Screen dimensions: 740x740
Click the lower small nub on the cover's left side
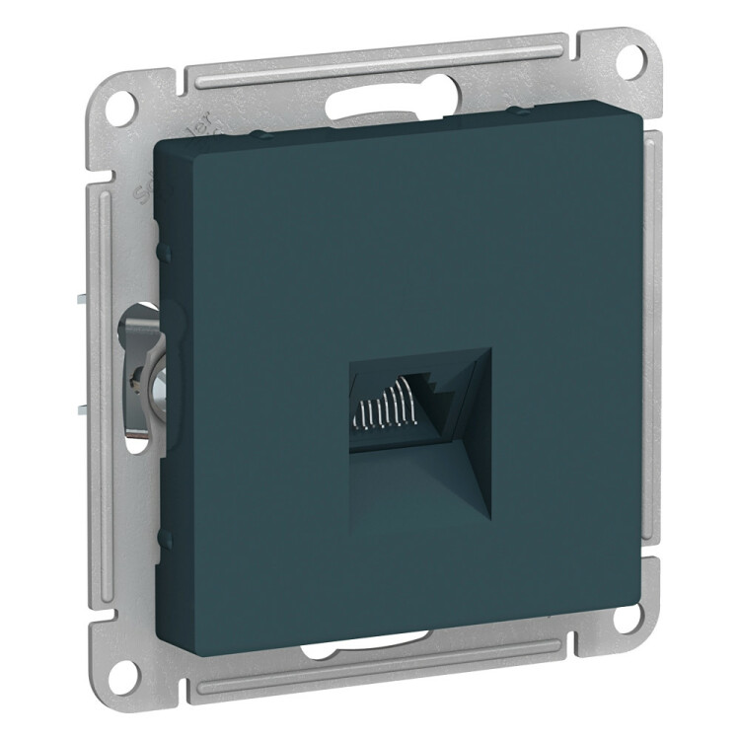[x=163, y=538]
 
